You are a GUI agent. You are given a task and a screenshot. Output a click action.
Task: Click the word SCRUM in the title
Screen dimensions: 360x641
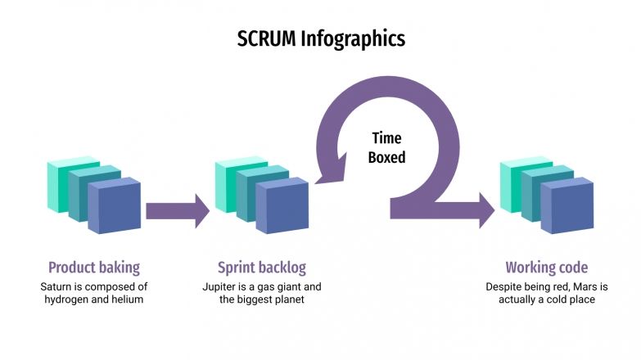(x=266, y=38)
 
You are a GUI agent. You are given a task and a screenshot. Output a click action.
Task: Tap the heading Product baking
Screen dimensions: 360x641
(x=93, y=268)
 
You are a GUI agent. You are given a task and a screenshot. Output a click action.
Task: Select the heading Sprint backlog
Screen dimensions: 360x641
(x=261, y=268)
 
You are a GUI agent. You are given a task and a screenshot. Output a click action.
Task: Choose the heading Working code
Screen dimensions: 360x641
(x=546, y=268)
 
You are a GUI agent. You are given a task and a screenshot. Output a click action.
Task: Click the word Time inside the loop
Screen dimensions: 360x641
(x=386, y=138)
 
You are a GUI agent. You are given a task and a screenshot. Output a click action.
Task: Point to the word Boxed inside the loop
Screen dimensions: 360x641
(x=386, y=157)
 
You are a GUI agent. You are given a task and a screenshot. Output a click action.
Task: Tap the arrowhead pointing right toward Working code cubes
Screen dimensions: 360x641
(x=485, y=210)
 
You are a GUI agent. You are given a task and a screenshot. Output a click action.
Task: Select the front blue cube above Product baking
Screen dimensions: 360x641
(x=115, y=207)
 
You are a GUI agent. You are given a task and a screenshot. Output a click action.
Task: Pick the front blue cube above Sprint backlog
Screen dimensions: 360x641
(x=282, y=207)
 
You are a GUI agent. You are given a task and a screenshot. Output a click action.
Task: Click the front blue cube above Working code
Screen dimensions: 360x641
(x=567, y=206)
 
